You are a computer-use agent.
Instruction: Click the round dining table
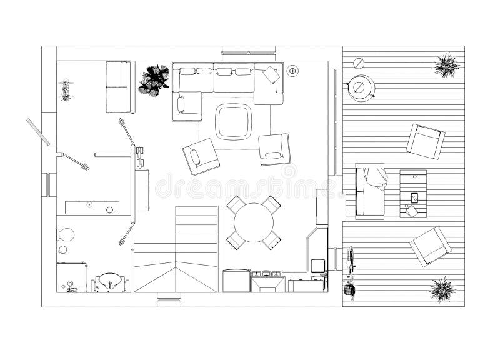click(254, 221)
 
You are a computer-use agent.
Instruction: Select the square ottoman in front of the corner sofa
click(234, 121)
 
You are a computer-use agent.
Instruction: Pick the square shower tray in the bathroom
click(72, 277)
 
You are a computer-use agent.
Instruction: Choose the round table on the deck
click(361, 87)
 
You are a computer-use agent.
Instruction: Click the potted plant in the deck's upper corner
click(447, 65)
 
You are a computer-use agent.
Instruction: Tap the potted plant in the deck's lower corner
click(442, 289)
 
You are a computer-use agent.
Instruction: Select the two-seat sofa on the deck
click(370, 192)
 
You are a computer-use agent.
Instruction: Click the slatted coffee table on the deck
click(413, 193)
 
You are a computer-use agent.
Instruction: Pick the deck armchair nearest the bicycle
click(430, 246)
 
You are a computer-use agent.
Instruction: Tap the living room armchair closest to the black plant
click(201, 156)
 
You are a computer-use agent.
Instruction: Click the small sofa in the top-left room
click(117, 87)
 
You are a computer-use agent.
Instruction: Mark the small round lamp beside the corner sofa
click(292, 71)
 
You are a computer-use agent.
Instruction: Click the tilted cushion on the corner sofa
click(271, 74)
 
